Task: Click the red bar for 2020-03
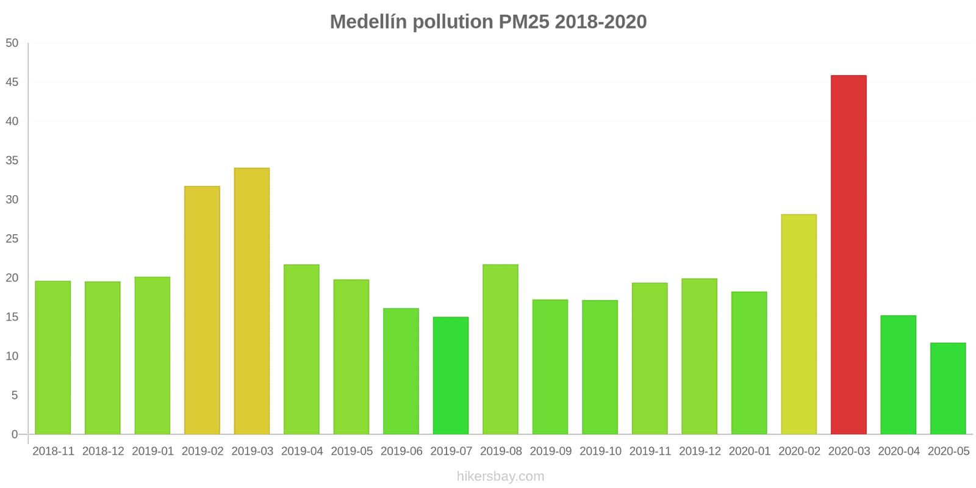849,255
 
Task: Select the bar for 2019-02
202,310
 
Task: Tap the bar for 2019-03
252,301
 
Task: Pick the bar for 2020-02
798,325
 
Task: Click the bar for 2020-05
948,389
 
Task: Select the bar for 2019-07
451,376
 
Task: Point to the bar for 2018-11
53,357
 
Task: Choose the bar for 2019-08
500,350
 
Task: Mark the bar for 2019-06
401,371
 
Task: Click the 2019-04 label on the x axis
302,451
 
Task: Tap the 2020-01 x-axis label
750,451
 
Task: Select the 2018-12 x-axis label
103,451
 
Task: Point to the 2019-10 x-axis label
600,451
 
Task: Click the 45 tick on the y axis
12,82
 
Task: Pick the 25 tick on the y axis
12,239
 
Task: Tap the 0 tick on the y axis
15,435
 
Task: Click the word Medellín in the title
368,22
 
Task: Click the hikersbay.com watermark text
500,476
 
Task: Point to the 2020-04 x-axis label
899,451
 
